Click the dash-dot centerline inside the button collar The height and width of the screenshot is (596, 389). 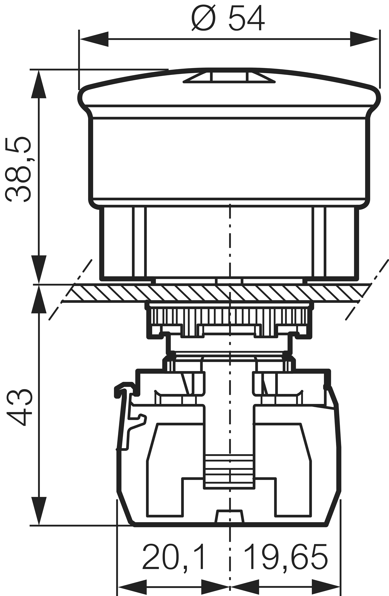coord(230,240)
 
